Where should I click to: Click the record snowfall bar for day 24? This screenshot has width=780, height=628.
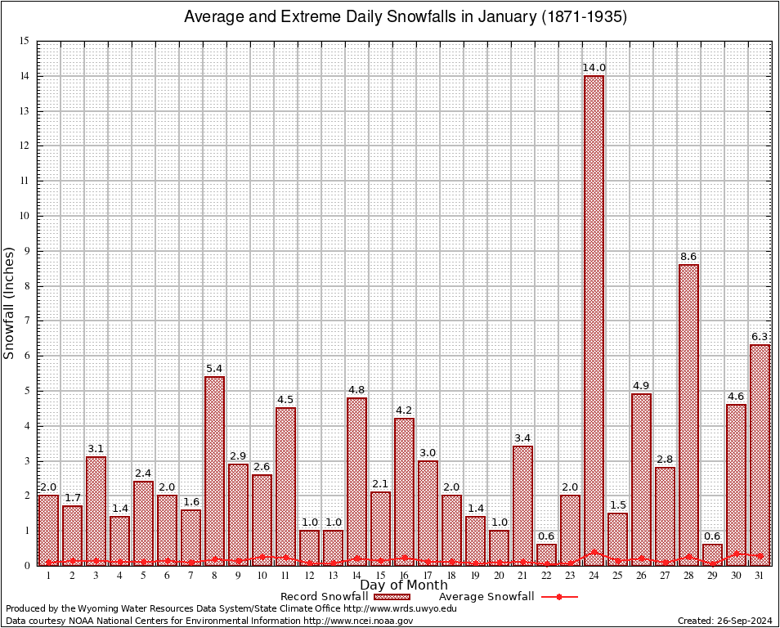click(x=594, y=319)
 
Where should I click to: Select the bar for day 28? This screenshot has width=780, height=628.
click(x=688, y=414)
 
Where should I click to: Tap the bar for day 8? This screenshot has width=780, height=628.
click(x=214, y=470)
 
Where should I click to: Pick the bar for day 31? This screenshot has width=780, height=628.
click(x=760, y=455)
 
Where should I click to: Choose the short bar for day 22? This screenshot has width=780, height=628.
click(x=546, y=554)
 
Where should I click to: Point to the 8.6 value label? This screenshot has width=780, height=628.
click(x=689, y=257)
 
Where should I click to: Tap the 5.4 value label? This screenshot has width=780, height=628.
click(x=214, y=369)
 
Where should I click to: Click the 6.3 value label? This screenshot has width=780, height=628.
click(x=760, y=337)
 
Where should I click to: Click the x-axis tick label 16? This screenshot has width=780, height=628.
click(x=404, y=576)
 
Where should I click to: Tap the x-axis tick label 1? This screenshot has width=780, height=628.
click(x=48, y=576)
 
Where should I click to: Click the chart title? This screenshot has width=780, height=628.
click(x=406, y=17)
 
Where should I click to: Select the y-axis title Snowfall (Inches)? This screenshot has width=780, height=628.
click(x=10, y=303)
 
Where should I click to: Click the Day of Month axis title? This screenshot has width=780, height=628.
click(x=404, y=585)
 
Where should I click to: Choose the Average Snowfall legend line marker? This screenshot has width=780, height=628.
click(x=558, y=597)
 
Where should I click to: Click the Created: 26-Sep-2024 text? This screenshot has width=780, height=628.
click(x=725, y=621)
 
